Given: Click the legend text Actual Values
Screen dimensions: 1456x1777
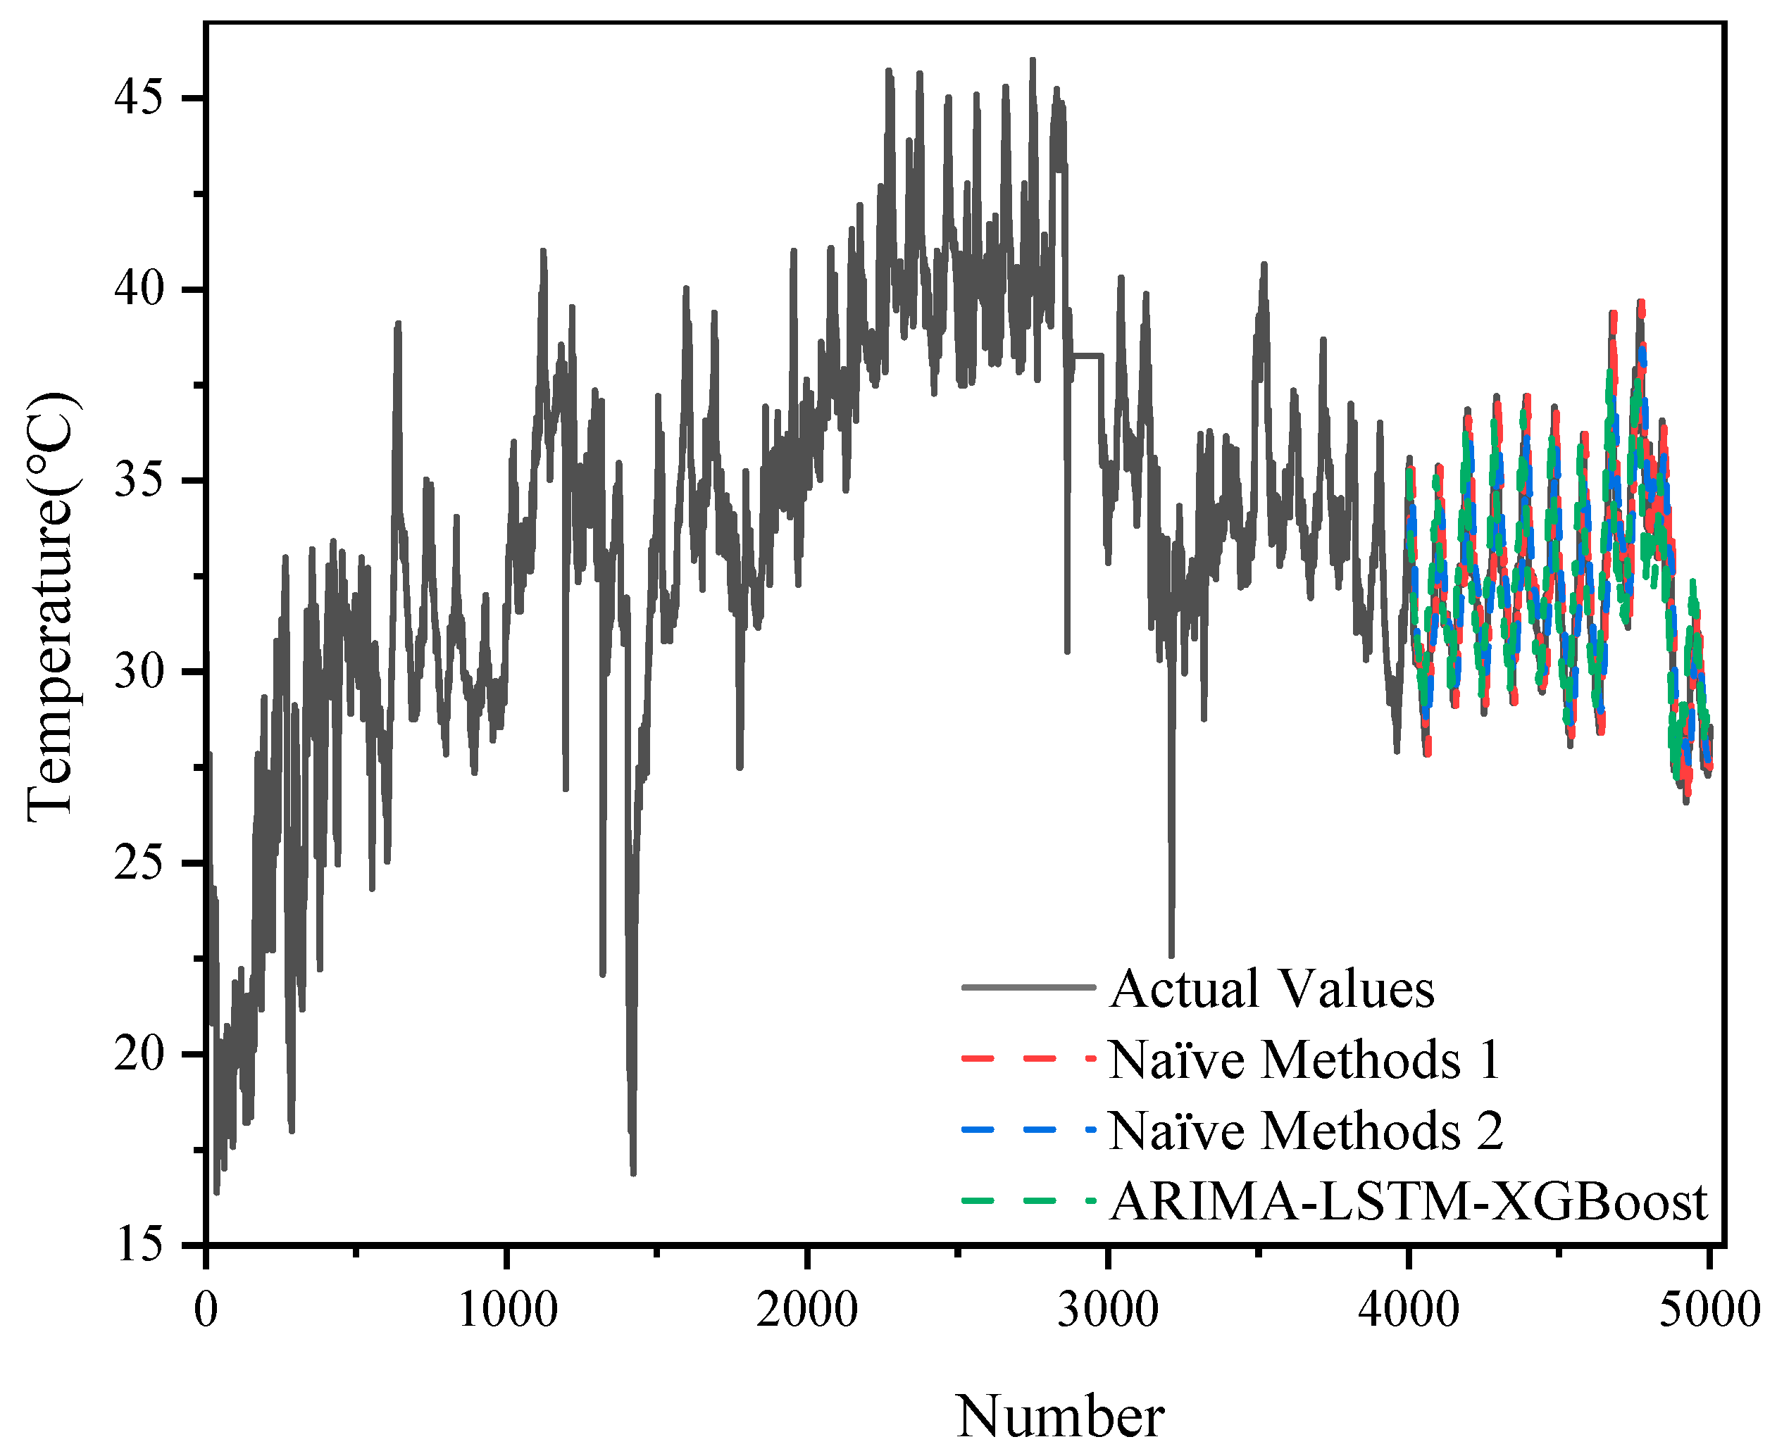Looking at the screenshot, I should pos(1271,988).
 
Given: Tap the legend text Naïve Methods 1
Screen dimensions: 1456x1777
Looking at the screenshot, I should pos(1304,1060).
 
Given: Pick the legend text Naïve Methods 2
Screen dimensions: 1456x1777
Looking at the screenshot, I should pos(1306,1131).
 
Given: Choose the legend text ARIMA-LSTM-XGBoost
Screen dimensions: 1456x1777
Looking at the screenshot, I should pos(1408,1202).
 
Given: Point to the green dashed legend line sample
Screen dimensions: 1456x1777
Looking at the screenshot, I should pos(1028,1202).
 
